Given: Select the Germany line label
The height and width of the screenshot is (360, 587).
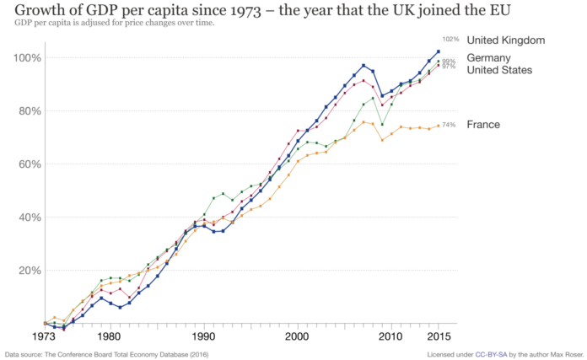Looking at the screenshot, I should pyautogui.click(x=489, y=57).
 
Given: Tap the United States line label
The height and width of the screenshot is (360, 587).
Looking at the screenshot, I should pyautogui.click(x=499, y=69).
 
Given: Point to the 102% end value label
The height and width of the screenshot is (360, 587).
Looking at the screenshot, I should pyautogui.click(x=450, y=40).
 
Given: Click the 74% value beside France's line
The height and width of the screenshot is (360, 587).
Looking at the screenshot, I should pyautogui.click(x=449, y=125).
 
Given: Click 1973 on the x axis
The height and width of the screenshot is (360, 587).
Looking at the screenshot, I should pyautogui.click(x=44, y=336).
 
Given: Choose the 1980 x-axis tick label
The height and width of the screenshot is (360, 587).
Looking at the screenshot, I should pyautogui.click(x=108, y=336).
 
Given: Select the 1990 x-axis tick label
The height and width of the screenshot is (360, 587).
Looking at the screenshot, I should pyautogui.click(x=202, y=336).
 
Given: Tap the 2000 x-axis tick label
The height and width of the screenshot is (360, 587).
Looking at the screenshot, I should pyautogui.click(x=297, y=336).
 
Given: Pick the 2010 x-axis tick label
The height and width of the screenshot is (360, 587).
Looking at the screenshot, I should pyautogui.click(x=390, y=336).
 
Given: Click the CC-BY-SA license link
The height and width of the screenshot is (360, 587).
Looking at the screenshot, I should pyautogui.click(x=493, y=354).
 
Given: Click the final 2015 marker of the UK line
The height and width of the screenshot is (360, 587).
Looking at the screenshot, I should pyautogui.click(x=438, y=52).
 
